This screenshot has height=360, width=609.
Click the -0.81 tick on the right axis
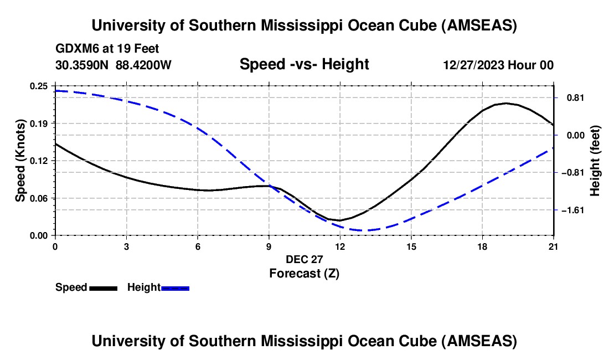pyautogui.click(x=554, y=172)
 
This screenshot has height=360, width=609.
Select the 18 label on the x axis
pyautogui.click(x=482, y=246)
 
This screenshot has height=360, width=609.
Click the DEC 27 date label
pyautogui.click(x=304, y=259)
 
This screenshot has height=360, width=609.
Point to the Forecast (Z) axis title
pyautogui.click(x=304, y=273)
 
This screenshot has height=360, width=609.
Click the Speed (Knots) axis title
pyautogui.click(x=20, y=160)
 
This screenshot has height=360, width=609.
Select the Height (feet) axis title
pyautogui.click(x=595, y=161)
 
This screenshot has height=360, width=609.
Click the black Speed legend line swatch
pyautogui.click(x=103, y=288)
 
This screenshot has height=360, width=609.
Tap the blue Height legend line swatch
pyautogui.click(x=175, y=288)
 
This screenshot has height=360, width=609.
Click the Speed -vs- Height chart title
pyautogui.click(x=304, y=64)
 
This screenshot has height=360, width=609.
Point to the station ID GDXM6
pyautogui.click(x=75, y=49)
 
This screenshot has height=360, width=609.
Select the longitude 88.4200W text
pyautogui.click(x=144, y=65)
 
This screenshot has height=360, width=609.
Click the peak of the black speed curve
pyautogui.click(x=505, y=103)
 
